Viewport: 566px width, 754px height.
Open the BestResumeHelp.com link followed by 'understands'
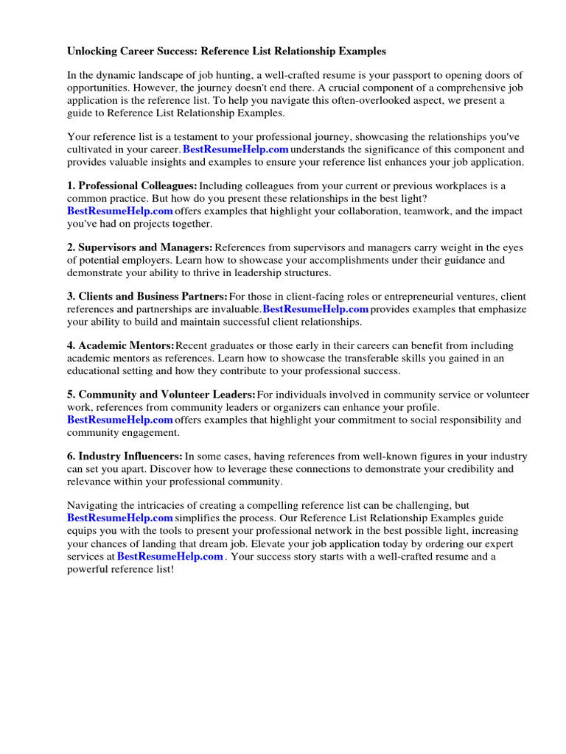[x=235, y=149]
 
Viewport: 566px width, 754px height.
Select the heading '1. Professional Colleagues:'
[x=132, y=186]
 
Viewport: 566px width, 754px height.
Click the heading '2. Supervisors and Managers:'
[x=140, y=247]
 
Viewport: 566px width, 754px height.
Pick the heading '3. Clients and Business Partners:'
[x=147, y=297]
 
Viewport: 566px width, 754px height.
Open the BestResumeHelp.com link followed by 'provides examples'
[x=315, y=309]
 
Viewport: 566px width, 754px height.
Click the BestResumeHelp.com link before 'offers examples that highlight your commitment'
[x=120, y=420]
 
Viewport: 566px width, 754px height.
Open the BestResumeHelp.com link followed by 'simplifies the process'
[x=120, y=518]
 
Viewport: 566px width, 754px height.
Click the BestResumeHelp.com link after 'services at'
[x=170, y=557]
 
